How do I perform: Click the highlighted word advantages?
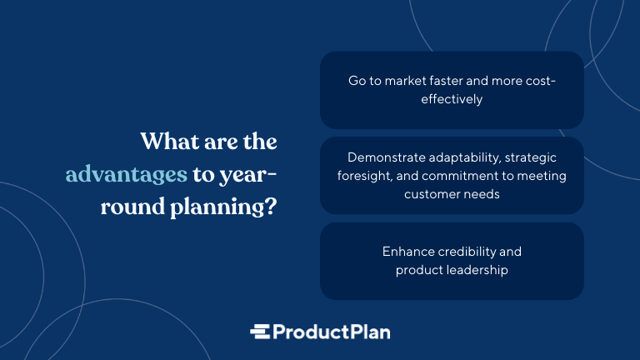[126, 175]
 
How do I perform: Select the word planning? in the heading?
[223, 207]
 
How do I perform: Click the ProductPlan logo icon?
[260, 332]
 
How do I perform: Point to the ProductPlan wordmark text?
[332, 332]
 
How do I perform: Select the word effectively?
[452, 99]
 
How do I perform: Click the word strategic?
[531, 158]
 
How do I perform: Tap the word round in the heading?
[133, 207]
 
